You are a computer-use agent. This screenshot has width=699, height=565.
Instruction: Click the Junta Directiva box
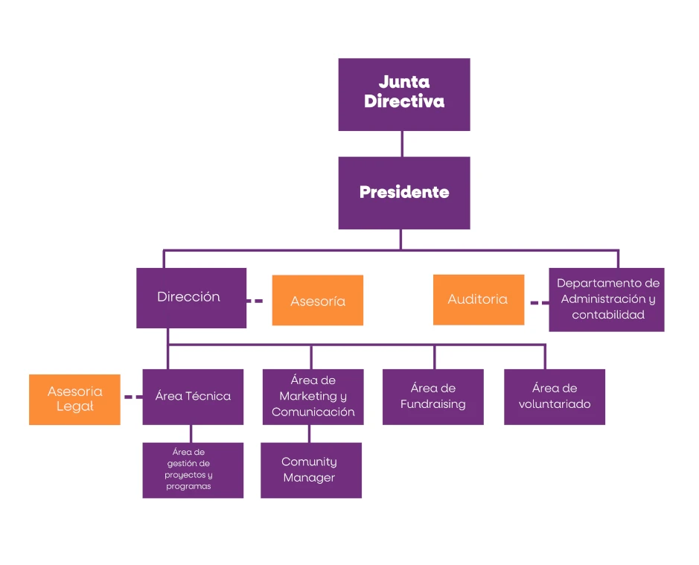[x=403, y=95]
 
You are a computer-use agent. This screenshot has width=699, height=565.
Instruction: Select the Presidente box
[x=403, y=193]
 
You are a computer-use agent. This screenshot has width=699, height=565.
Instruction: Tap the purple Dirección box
[x=191, y=298]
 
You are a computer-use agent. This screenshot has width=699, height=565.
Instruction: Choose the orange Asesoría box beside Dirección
[x=318, y=301]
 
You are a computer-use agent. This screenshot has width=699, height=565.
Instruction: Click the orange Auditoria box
[x=478, y=299]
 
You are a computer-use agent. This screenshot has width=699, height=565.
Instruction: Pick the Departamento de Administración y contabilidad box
[x=607, y=299]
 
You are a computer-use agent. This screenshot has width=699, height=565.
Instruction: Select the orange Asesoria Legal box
[x=74, y=400]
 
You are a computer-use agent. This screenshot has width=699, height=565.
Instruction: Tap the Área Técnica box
[x=193, y=397]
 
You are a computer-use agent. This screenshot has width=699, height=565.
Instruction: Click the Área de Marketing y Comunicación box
[x=313, y=397]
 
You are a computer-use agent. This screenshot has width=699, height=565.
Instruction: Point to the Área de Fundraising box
[x=433, y=397]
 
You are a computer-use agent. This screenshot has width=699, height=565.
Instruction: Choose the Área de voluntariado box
[x=554, y=397]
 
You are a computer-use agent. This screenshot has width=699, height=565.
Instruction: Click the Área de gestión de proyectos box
[x=193, y=470]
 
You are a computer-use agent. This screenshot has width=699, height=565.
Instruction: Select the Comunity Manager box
[x=310, y=470]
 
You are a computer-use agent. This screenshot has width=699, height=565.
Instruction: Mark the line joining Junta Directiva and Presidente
[x=402, y=144]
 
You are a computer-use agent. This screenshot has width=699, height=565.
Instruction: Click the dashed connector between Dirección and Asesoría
[x=255, y=301]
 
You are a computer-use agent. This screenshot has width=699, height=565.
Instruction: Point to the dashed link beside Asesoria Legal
[x=133, y=397]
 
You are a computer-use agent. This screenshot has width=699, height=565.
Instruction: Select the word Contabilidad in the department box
[x=607, y=315]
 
